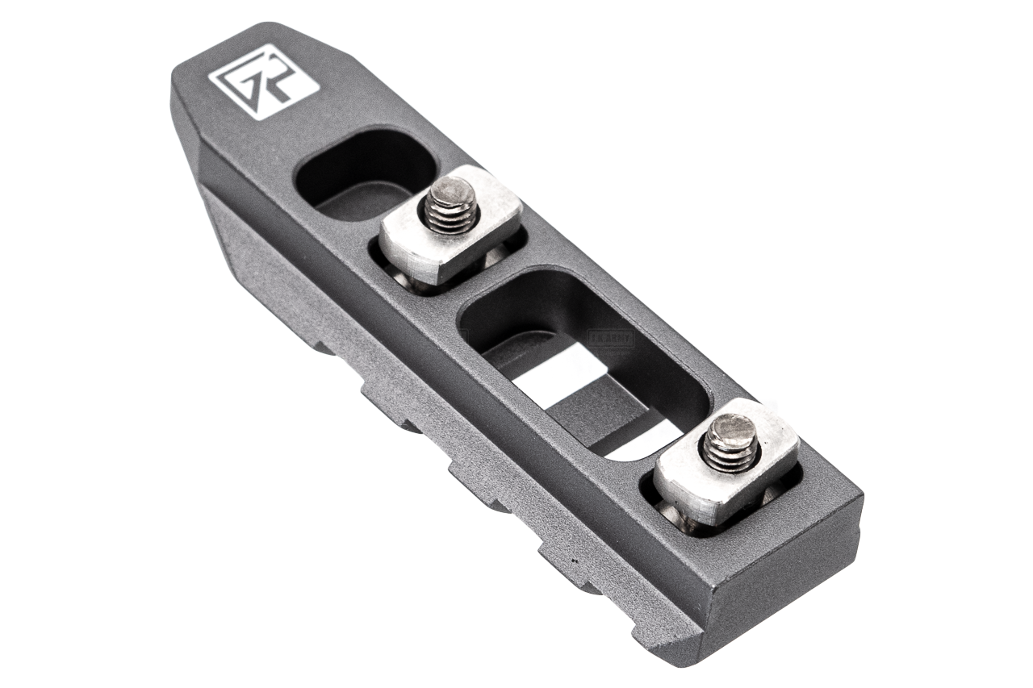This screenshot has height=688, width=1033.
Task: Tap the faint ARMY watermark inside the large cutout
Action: coord(612,337)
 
